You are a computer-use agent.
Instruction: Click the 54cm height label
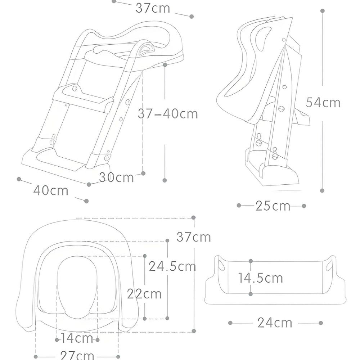pyautogui.click(x=323, y=103)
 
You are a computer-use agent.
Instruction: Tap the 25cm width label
pyautogui.click(x=273, y=206)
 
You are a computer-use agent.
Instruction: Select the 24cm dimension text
pyautogui.click(x=275, y=323)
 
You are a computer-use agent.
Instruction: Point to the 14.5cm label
pyautogui.click(x=261, y=278)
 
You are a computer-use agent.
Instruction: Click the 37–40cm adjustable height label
pyautogui.click(x=168, y=114)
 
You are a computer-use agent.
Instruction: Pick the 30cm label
pyautogui.click(x=116, y=177)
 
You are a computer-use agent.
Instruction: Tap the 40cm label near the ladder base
pyautogui.click(x=51, y=190)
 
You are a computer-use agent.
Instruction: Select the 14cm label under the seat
pyautogui.click(x=77, y=339)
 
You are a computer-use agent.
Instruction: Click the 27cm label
pyautogui.click(x=77, y=356)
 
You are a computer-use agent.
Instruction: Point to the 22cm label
pyautogui.click(x=144, y=294)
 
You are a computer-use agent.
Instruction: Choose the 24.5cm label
pyautogui.click(x=172, y=266)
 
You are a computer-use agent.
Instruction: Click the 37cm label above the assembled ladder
pyautogui.click(x=153, y=8)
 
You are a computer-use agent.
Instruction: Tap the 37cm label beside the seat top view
pyautogui.click(x=194, y=237)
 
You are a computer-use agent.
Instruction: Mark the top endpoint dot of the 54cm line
pyautogui.click(x=323, y=11)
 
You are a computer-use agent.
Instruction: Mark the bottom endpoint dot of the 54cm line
pyautogui.click(x=322, y=190)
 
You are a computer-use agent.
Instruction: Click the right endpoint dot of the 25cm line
pyautogui.click(x=304, y=206)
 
